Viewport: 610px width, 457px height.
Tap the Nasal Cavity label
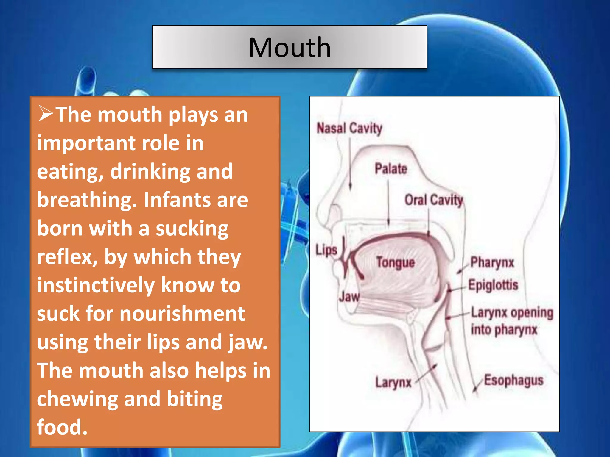(x=349, y=129)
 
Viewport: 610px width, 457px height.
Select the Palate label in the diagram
(x=391, y=169)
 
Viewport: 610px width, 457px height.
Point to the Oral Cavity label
(x=434, y=200)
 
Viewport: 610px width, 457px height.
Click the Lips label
(x=326, y=250)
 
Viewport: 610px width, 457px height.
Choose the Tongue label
(x=396, y=263)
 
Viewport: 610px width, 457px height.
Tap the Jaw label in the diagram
(x=349, y=297)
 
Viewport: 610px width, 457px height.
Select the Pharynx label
(x=492, y=263)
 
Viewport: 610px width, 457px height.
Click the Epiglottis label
(x=493, y=285)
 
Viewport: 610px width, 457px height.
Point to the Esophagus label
(x=513, y=381)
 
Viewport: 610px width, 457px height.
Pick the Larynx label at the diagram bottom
(x=393, y=383)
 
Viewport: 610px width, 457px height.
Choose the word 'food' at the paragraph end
(x=62, y=427)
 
